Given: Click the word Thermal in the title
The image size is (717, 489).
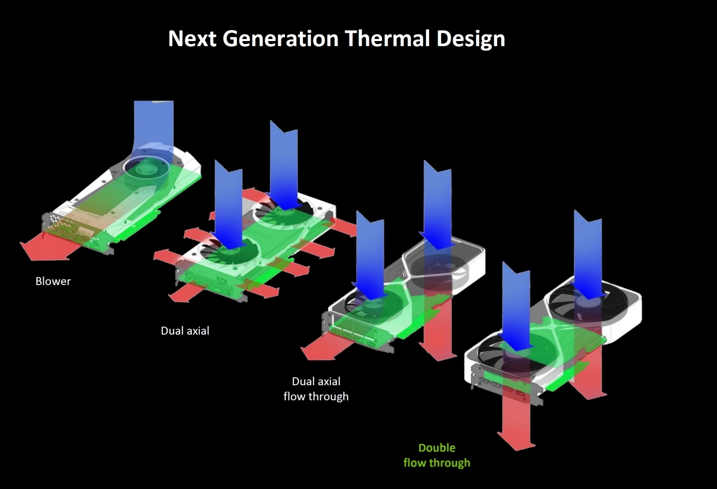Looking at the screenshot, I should click(x=388, y=39).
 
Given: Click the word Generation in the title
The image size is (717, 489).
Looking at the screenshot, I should click(x=280, y=39).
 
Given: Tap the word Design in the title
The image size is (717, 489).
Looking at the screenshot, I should click(x=471, y=39).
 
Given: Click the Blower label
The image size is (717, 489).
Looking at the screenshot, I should click(x=53, y=281).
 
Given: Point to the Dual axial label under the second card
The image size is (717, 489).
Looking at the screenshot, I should click(x=185, y=331).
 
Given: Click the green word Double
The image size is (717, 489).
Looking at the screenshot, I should click(x=437, y=448).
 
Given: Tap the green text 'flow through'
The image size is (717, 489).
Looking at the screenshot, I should click(x=437, y=463).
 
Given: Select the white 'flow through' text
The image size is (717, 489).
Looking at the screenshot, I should click(x=316, y=396).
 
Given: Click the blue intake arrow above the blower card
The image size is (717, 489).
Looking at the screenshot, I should click(x=154, y=125).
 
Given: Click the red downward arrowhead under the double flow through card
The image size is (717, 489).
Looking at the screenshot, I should click(x=516, y=441).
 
